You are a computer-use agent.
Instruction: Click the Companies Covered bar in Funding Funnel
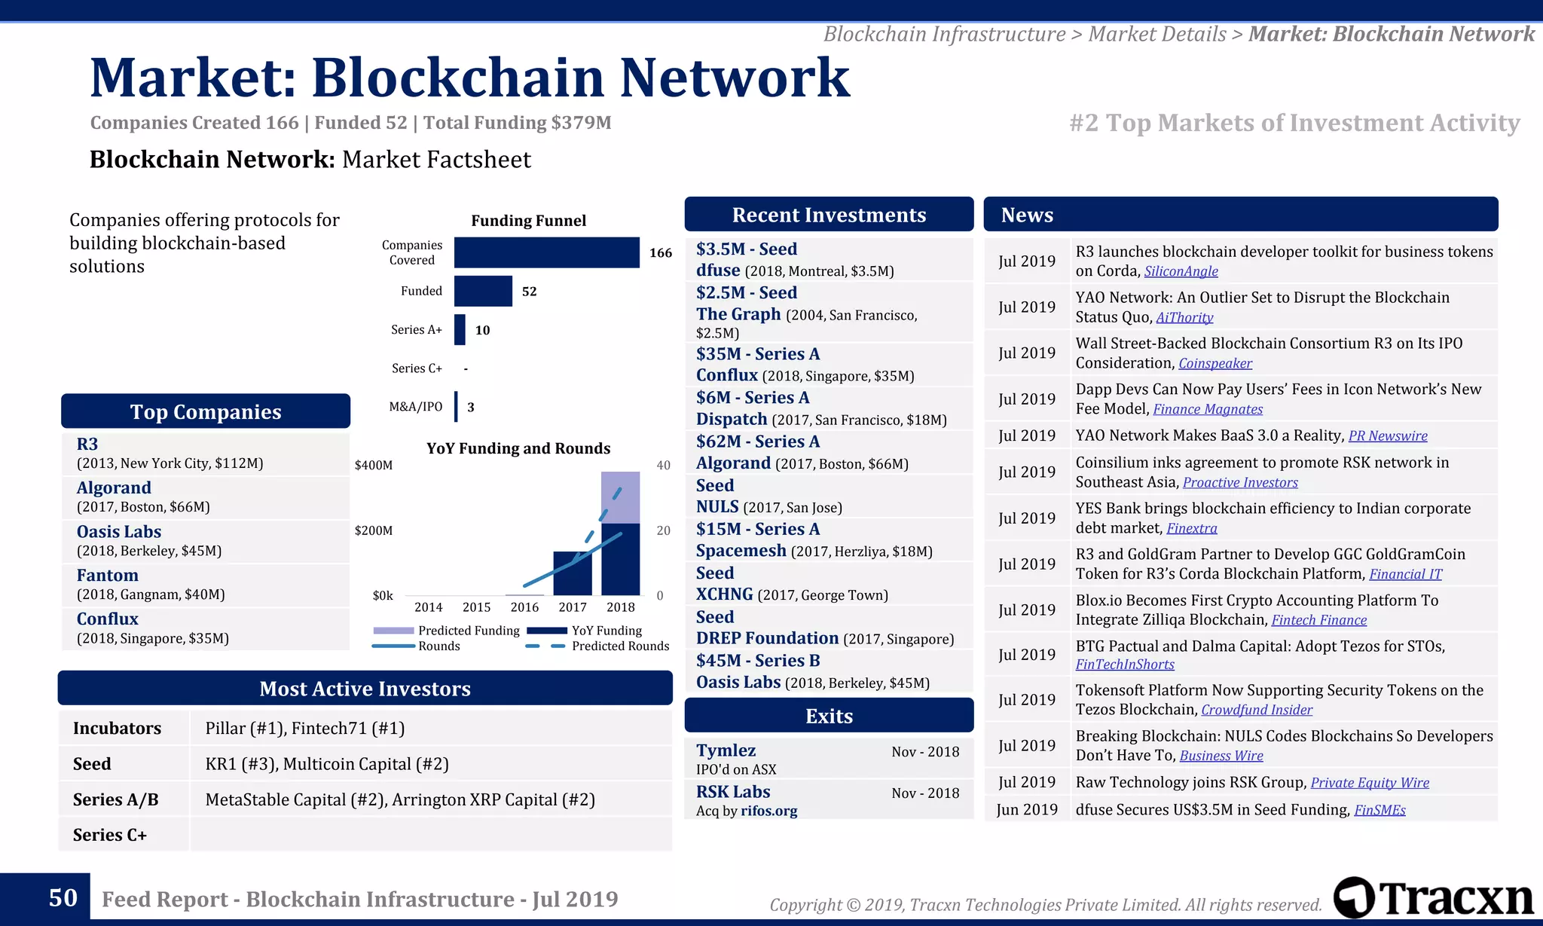pyautogui.click(x=546, y=252)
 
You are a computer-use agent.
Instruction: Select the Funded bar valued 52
pyautogui.click(x=483, y=291)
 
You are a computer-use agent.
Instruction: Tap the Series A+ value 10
pyautogui.click(x=482, y=330)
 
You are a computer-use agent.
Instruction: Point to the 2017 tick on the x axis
pyautogui.click(x=573, y=607)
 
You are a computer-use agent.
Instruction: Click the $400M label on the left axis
pyautogui.click(x=374, y=466)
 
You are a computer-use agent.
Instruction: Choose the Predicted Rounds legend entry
pyautogui.click(x=619, y=646)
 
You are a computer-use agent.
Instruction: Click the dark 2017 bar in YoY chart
pyautogui.click(x=573, y=574)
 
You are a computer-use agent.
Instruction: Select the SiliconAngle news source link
pyautogui.click(x=1181, y=271)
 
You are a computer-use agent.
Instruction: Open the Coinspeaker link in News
pyautogui.click(x=1215, y=363)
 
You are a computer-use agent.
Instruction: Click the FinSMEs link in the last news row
pyautogui.click(x=1380, y=810)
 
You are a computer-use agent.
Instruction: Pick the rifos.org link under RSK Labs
pyautogui.click(x=768, y=811)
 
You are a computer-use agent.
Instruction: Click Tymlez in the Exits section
pyautogui.click(x=726, y=750)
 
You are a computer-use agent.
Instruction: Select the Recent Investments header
pyautogui.click(x=829, y=215)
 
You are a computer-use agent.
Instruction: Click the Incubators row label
pyautogui.click(x=118, y=729)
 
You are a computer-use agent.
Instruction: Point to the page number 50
pyautogui.click(x=63, y=898)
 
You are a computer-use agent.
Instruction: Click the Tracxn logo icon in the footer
pyautogui.click(x=1354, y=897)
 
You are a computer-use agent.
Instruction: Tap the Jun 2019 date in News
pyautogui.click(x=1027, y=810)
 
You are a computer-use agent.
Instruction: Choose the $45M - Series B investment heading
pyautogui.click(x=758, y=661)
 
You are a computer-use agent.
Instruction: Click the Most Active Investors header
pyautogui.click(x=365, y=689)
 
